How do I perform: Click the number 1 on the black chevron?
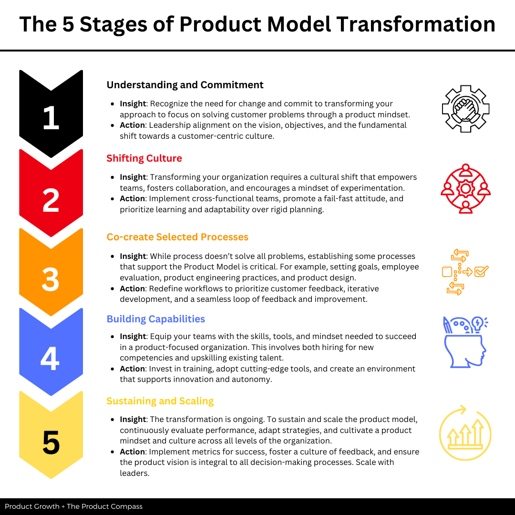click(x=51, y=118)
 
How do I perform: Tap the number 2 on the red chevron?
click(x=51, y=201)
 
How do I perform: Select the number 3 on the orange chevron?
click(x=51, y=280)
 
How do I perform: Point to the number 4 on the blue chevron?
click(x=51, y=359)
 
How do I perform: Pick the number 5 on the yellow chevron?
click(x=51, y=443)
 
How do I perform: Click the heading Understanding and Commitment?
click(x=185, y=85)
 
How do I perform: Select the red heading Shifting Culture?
click(x=144, y=158)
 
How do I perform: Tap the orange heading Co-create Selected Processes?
click(x=177, y=237)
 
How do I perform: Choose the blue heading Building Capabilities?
click(x=155, y=319)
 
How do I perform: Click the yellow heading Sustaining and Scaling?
click(x=160, y=401)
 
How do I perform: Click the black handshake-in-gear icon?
click(x=465, y=109)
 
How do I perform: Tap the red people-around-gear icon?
click(x=465, y=188)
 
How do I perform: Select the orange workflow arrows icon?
click(x=465, y=272)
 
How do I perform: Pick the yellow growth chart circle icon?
click(x=465, y=433)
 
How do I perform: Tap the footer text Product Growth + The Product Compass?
click(x=73, y=506)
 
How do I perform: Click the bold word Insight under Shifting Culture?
click(x=133, y=177)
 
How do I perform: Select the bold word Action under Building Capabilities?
click(x=132, y=369)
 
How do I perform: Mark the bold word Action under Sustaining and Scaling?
click(x=132, y=452)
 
